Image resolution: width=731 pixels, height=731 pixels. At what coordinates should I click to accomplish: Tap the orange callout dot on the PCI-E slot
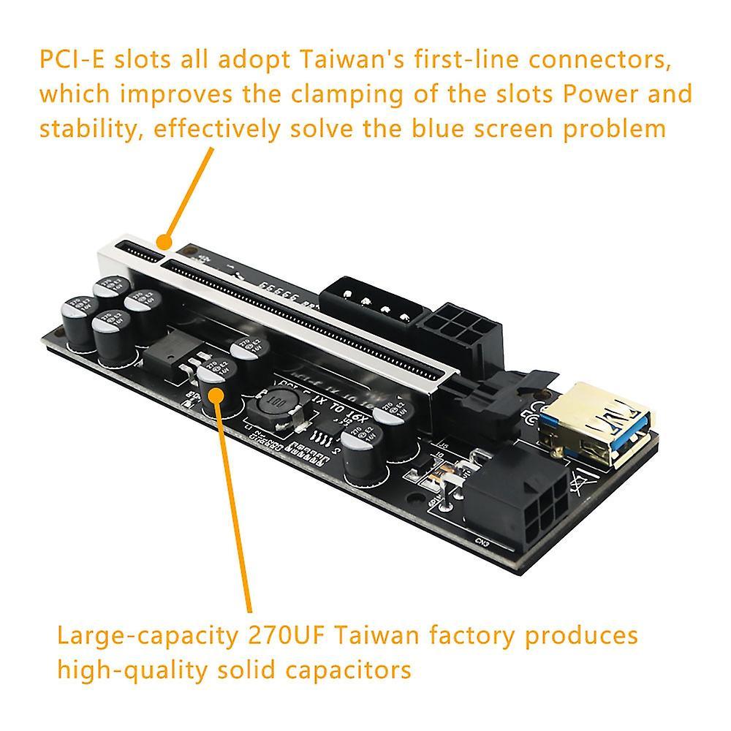[165, 239]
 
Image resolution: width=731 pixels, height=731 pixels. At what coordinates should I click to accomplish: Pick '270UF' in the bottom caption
[278, 635]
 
